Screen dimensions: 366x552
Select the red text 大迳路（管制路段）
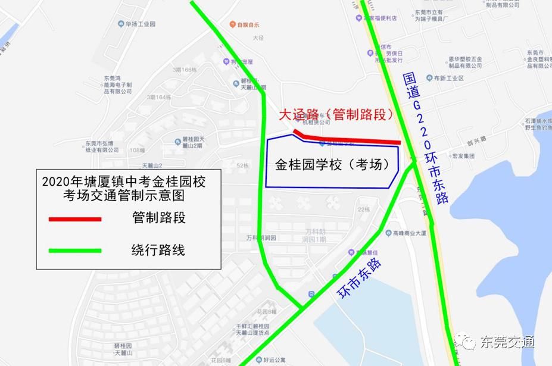338,114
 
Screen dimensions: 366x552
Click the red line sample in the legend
75,219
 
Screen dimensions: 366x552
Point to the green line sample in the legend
75,250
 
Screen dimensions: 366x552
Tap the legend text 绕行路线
158,250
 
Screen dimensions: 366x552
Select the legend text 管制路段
158,218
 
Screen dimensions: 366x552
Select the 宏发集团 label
463,156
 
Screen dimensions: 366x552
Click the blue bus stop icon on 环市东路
311,294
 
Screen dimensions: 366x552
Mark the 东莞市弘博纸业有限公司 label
102,146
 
